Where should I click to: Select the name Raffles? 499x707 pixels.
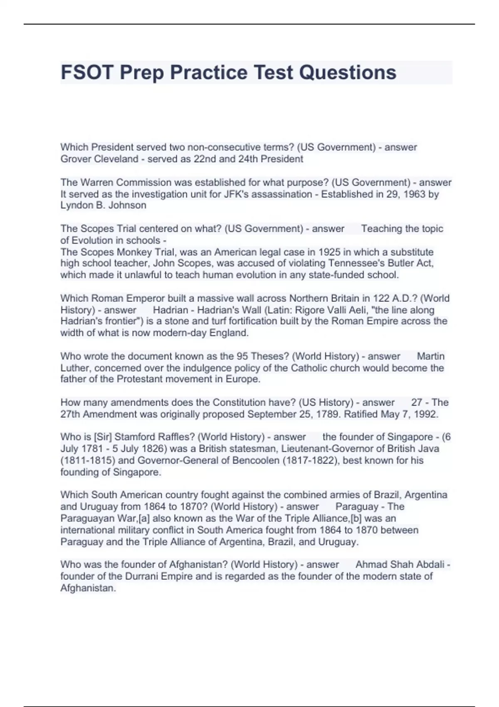(x=177, y=437)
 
